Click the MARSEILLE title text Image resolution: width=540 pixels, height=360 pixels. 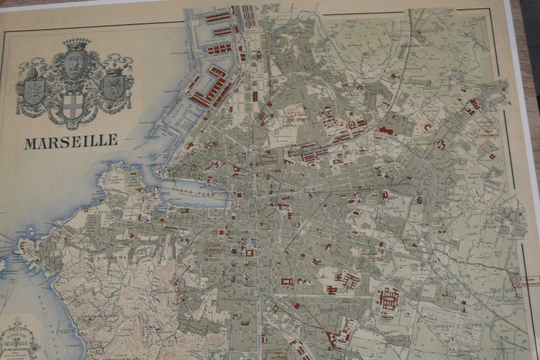click(71, 141)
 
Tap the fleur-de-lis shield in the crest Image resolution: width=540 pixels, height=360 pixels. click(75, 66)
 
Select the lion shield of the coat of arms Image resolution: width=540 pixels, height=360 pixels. click(114, 87)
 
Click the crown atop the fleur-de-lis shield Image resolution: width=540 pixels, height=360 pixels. click(76, 43)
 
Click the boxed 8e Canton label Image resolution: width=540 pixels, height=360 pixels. click(525, 281)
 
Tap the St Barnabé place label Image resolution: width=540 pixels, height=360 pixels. click(492, 227)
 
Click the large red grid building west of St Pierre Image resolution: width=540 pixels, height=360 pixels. click(389, 298)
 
